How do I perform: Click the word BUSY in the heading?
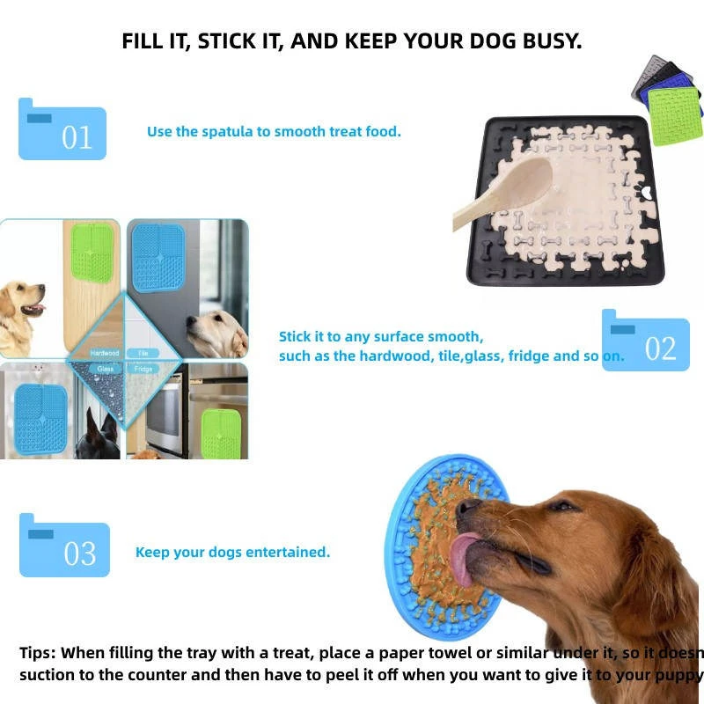point(549,41)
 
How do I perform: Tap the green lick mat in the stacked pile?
point(675,116)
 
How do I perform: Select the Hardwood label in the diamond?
point(105,353)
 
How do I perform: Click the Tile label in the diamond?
point(143,353)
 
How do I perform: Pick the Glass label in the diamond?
point(105,369)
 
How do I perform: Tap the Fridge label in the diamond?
point(143,369)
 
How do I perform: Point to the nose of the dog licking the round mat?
point(466,508)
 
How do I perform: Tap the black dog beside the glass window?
point(99,436)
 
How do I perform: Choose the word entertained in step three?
point(288,552)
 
